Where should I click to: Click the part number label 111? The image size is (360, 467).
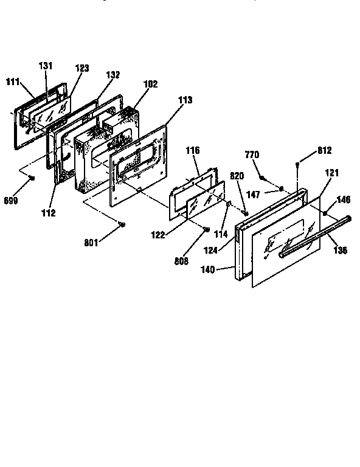pyautogui.click(x=13, y=81)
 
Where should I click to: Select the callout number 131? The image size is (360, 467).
pyautogui.click(x=46, y=66)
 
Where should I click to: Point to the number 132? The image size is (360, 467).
pyautogui.click(x=112, y=75)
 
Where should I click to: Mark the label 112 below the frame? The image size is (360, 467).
pyautogui.click(x=49, y=213)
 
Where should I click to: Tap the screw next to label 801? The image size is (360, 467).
pyautogui.click(x=123, y=225)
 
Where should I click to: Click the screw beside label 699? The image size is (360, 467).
pyautogui.click(x=32, y=177)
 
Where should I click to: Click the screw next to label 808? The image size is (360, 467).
pyautogui.click(x=207, y=230)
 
